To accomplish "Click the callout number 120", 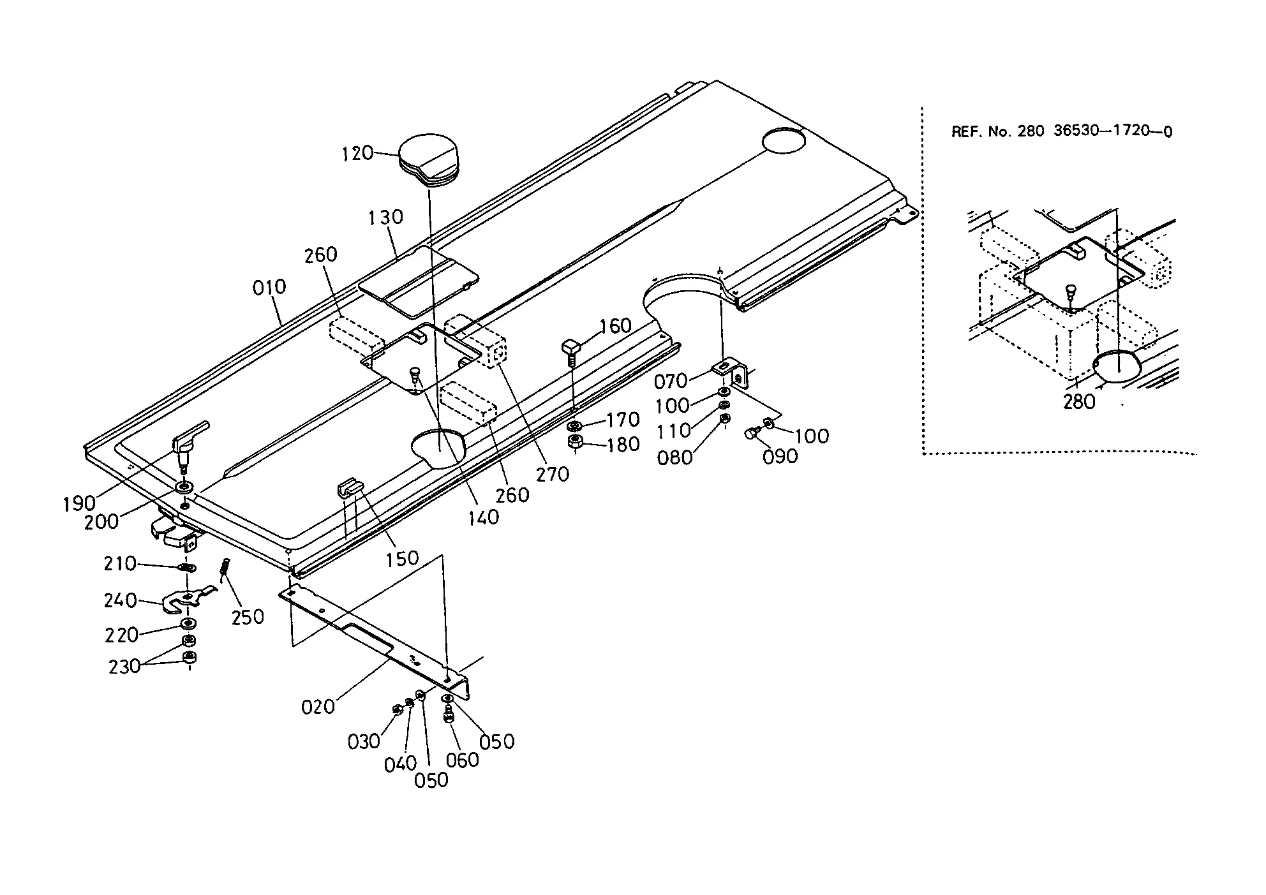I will (x=357, y=154).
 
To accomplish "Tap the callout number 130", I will (x=385, y=218).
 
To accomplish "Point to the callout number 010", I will (x=269, y=288).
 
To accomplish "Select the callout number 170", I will (x=623, y=420).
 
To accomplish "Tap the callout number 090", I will (x=780, y=457).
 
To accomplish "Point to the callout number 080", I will (x=674, y=458).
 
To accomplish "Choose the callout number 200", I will (x=101, y=522).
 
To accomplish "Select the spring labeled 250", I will (x=225, y=569).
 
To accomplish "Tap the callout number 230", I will (x=124, y=667).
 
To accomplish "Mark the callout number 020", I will (x=318, y=707).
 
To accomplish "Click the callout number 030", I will (x=364, y=742).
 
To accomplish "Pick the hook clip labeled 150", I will (x=348, y=489).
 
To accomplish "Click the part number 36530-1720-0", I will (x=1113, y=131).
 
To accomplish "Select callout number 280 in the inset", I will (x=1078, y=402).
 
